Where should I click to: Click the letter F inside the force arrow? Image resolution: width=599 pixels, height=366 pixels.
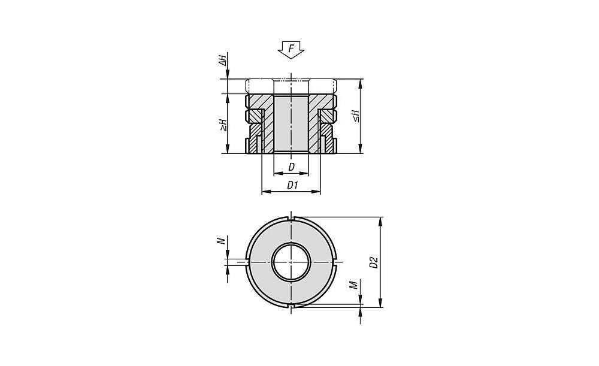click(x=292, y=49)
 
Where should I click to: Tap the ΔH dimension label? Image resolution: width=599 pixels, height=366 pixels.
click(x=222, y=59)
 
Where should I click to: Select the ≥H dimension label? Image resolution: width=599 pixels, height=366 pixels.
click(x=223, y=125)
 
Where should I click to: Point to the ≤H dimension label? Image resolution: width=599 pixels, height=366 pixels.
click(x=356, y=116)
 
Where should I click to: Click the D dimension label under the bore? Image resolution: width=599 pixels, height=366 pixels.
click(x=292, y=167)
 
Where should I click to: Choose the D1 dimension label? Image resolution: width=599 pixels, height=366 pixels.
click(x=292, y=185)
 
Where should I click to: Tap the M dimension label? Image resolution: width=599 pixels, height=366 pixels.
click(x=354, y=285)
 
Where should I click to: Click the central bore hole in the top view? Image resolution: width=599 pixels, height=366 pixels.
click(x=291, y=262)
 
